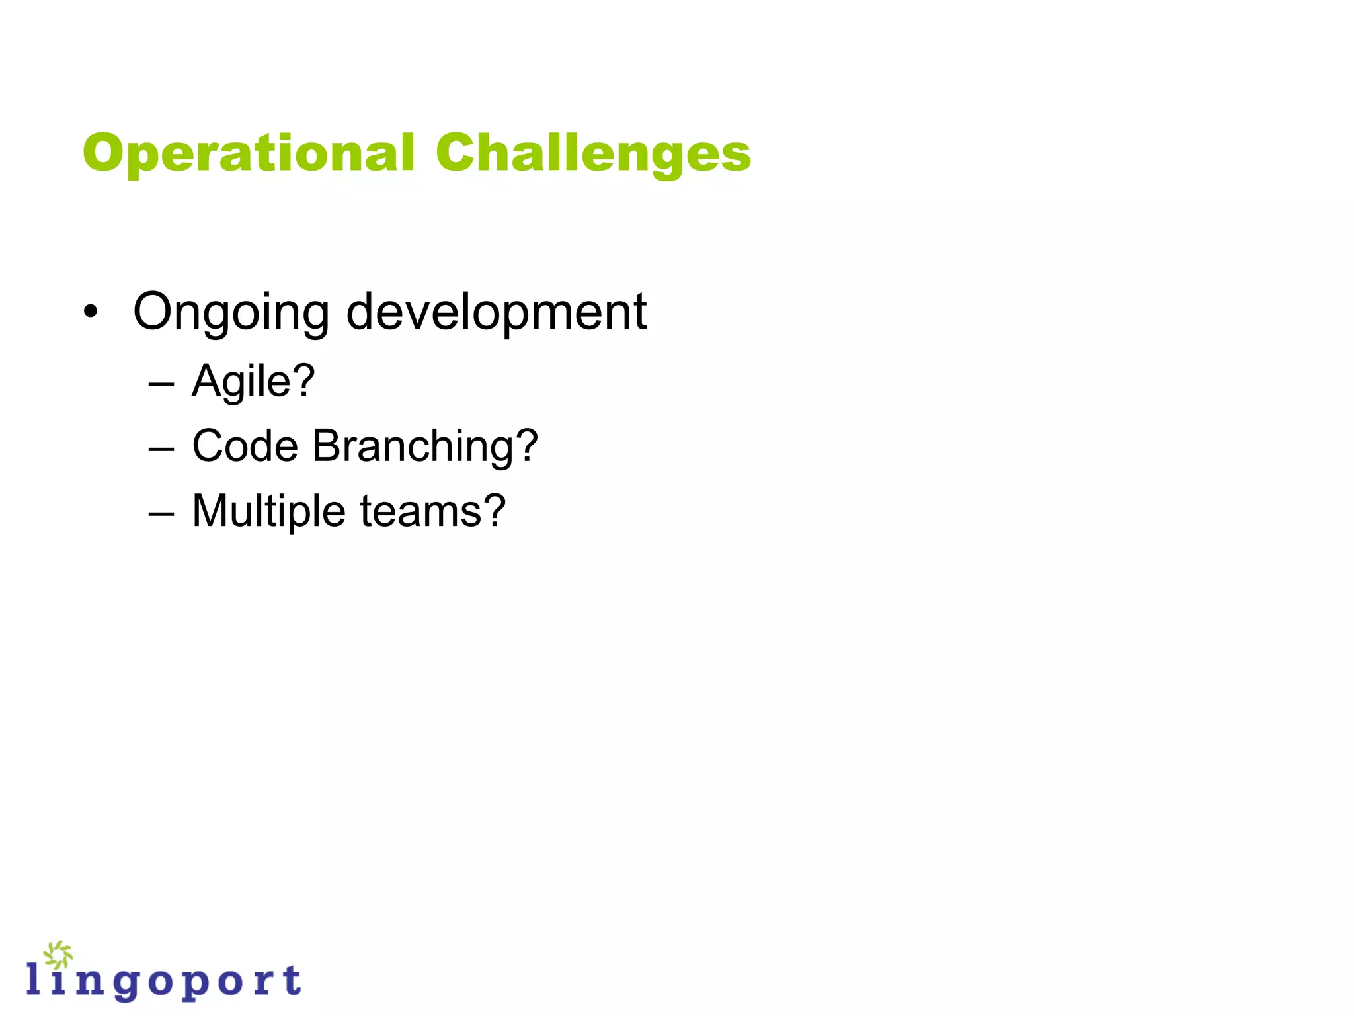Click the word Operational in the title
pos(248,153)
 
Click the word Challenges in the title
pos(593,153)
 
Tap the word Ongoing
pos(231,312)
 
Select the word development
pos(496,312)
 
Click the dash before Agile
pos(161,384)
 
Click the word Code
pos(245,446)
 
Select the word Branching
pos(412,447)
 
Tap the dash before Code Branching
pos(161,449)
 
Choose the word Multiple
pos(268,512)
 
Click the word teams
pos(417,512)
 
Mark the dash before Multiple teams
pos(161,514)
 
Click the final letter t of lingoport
pos(292,980)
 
